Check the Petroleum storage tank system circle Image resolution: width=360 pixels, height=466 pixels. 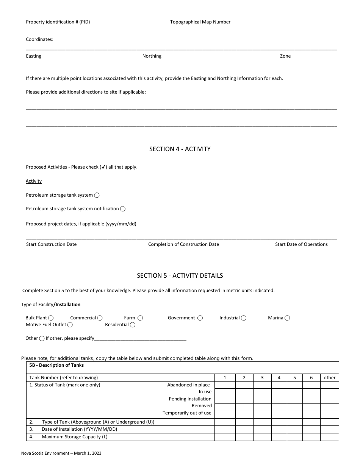[x=97, y=195]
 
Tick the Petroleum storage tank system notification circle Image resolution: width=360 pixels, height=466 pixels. [x=123, y=209]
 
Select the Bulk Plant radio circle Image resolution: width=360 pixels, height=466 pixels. [x=51, y=318]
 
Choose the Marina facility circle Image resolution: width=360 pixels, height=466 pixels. [x=287, y=318]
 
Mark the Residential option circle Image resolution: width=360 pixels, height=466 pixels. [x=132, y=325]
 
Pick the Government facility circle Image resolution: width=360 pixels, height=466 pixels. [x=200, y=318]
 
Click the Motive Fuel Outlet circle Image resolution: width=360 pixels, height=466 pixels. [x=70, y=325]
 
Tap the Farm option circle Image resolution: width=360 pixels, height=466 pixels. [x=140, y=318]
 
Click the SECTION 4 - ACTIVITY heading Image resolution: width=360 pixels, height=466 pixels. [x=180, y=149]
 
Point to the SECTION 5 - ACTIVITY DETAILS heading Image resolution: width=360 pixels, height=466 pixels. [x=180, y=275]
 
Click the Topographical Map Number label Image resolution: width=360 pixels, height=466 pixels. [x=200, y=22]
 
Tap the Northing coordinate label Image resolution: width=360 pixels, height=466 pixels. [x=152, y=56]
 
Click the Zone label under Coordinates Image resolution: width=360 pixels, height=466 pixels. [x=285, y=56]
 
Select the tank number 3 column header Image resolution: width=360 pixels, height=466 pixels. [x=262, y=377]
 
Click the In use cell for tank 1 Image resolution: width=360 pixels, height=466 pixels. [x=225, y=392]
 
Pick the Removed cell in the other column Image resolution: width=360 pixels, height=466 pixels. [x=329, y=406]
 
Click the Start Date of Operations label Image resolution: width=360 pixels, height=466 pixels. [x=301, y=244]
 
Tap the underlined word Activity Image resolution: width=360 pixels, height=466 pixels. [x=34, y=181]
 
